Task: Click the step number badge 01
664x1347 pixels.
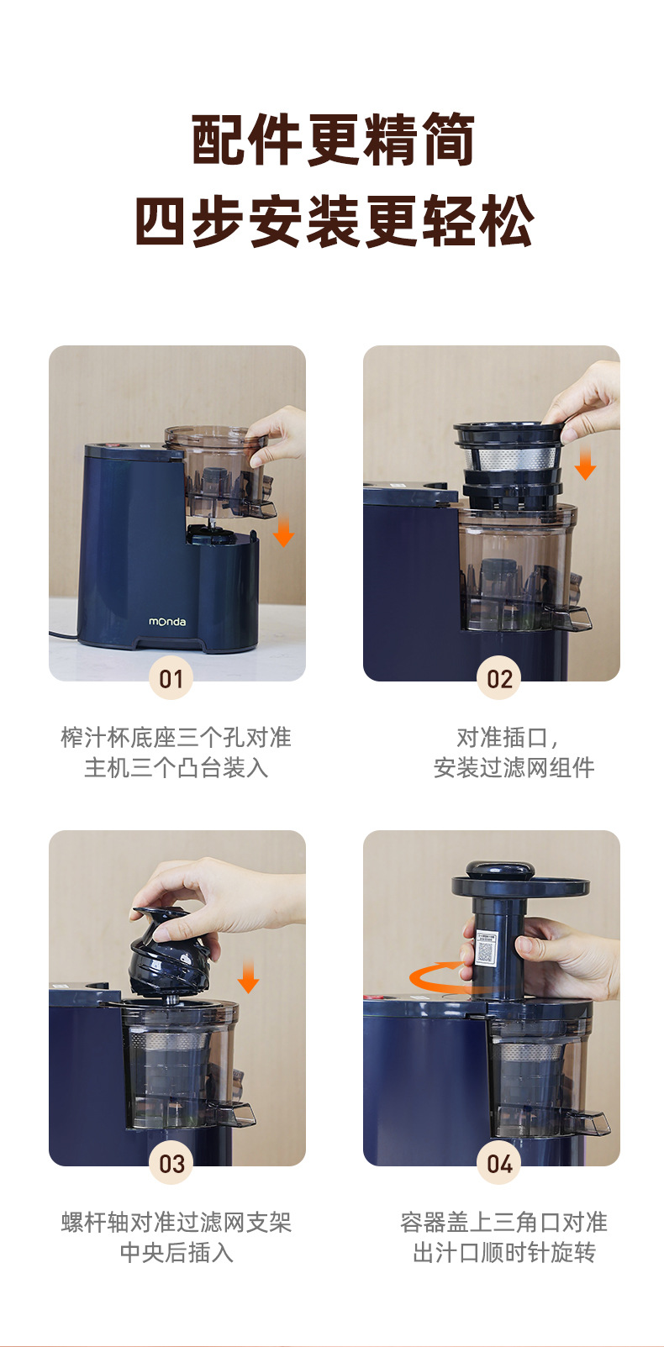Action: click(171, 678)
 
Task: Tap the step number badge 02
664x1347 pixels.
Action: click(499, 678)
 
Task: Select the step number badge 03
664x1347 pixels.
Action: click(171, 1163)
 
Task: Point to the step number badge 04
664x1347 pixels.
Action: click(499, 1163)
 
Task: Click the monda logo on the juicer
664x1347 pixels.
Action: click(167, 622)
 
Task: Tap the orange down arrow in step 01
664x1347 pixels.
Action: click(284, 531)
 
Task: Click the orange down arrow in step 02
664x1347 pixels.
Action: click(585, 463)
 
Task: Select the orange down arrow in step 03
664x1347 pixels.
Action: click(248, 976)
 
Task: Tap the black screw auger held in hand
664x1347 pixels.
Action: click(169, 953)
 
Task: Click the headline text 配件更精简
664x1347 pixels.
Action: click(333, 139)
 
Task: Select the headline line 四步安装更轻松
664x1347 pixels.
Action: click(333, 221)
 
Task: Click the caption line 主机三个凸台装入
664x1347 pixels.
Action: click(177, 767)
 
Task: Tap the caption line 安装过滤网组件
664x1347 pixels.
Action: click(514, 767)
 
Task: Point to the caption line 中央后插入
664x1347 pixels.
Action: click(177, 1252)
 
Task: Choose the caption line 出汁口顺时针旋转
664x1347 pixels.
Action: click(503, 1252)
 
